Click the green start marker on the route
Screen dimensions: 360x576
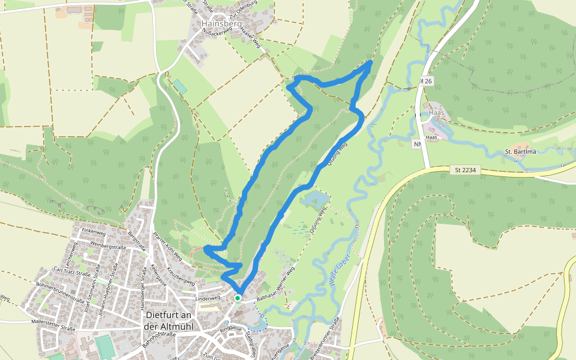pyautogui.click(x=238, y=298)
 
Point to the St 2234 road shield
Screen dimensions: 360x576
pyautogui.click(x=466, y=171)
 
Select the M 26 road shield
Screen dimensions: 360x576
pyautogui.click(x=426, y=81)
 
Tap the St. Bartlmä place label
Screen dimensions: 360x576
pyautogui.click(x=520, y=151)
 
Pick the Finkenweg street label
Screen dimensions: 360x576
pyautogui.click(x=94, y=232)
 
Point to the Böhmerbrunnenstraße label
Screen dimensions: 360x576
pyautogui.click(x=59, y=289)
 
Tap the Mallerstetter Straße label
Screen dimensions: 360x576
pyautogui.click(x=52, y=326)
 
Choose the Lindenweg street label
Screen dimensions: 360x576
pyautogui.click(x=208, y=297)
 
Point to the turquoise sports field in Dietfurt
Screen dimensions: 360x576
pyautogui.click(x=104, y=347)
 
